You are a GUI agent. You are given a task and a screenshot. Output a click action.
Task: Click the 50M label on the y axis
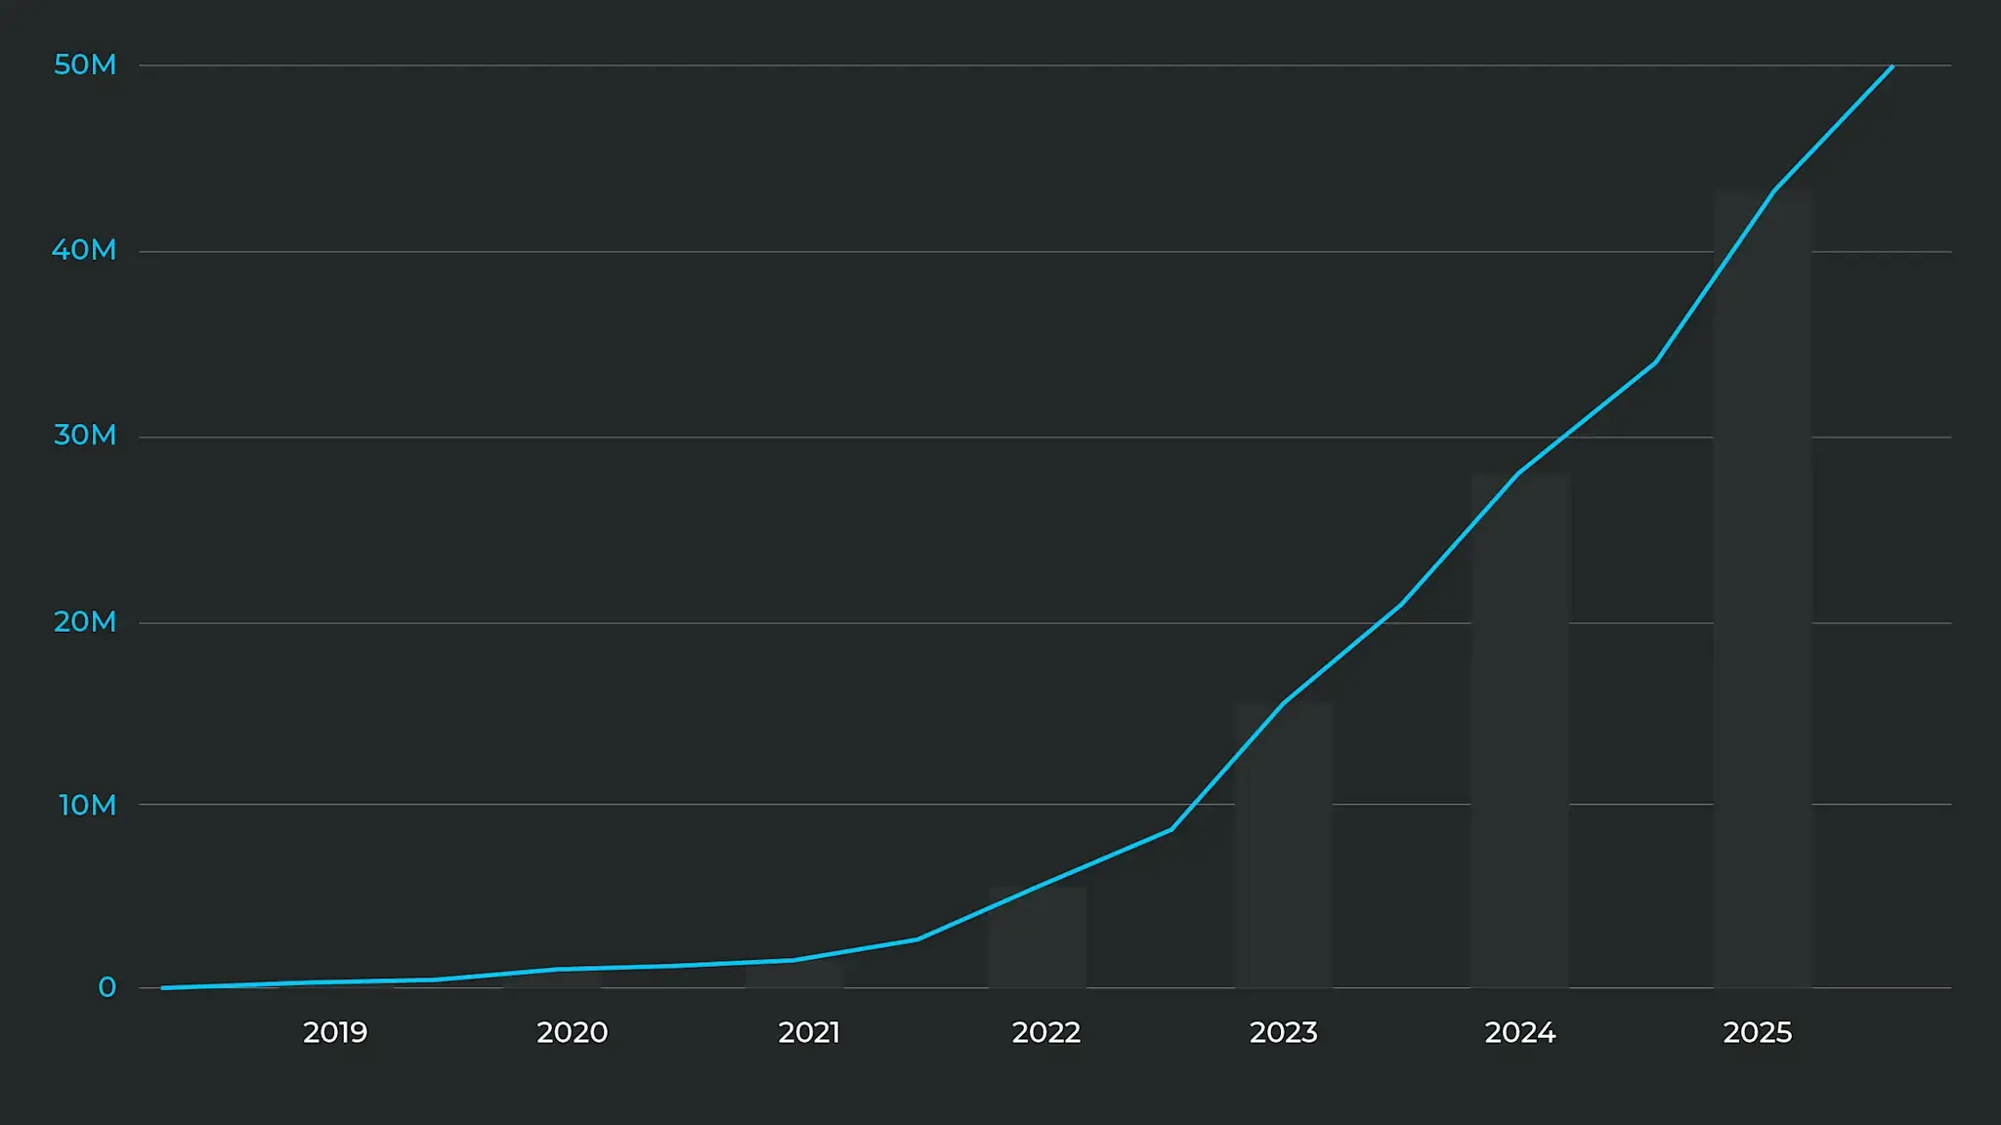tap(85, 65)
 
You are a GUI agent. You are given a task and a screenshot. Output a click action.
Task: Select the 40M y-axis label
tap(84, 251)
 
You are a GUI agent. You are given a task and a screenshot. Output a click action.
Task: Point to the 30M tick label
tap(85, 436)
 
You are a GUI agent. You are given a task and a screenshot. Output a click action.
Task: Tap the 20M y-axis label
tap(85, 622)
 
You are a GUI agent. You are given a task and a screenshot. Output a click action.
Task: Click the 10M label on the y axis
tap(87, 806)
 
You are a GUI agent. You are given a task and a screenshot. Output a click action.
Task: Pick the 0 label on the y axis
tap(106, 988)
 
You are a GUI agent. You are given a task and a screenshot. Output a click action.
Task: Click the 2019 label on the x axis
tap(335, 1033)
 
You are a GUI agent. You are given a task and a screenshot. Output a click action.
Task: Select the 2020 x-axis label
tap(573, 1033)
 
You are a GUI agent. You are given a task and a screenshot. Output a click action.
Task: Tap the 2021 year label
tap(809, 1033)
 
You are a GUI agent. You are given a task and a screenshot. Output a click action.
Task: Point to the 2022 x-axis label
tap(1046, 1033)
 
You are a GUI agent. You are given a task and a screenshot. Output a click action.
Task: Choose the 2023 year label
tap(1284, 1033)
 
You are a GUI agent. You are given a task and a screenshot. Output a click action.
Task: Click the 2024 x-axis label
tap(1520, 1033)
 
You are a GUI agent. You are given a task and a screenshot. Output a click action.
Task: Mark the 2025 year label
tap(1758, 1033)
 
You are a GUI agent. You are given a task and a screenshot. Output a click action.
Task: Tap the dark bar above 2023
tap(1284, 850)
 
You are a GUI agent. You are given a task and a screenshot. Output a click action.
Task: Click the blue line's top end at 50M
tap(1892, 67)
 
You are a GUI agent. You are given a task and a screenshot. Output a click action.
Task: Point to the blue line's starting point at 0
tap(163, 987)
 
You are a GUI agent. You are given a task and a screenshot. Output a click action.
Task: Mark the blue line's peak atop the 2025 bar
tap(1774, 190)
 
